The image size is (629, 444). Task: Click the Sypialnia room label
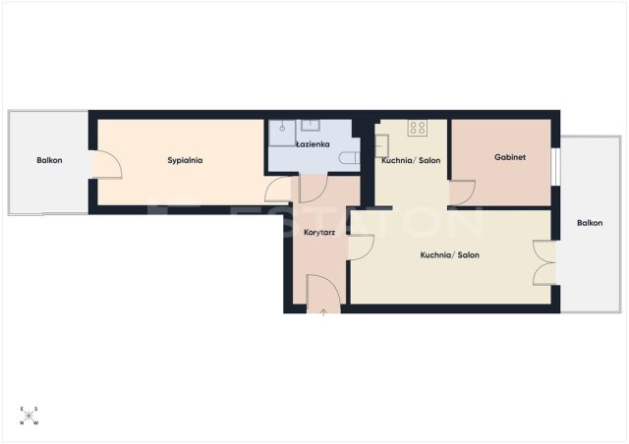(x=185, y=160)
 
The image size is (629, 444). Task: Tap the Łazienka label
(x=313, y=144)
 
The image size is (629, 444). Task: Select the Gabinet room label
(x=510, y=157)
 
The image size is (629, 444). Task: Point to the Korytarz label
(x=319, y=232)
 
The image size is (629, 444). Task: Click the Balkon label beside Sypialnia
(x=49, y=160)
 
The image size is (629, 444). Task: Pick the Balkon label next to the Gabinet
(x=590, y=223)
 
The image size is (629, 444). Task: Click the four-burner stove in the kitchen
(x=418, y=128)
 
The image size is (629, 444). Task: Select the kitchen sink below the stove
(x=381, y=146)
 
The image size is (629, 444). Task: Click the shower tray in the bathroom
(x=282, y=133)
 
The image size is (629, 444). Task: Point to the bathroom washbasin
(x=311, y=126)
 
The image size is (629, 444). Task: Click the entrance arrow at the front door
(x=323, y=313)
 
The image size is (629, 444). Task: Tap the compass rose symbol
(x=29, y=416)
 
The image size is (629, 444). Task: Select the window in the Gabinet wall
(x=555, y=167)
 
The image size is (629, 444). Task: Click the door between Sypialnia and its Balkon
(x=107, y=164)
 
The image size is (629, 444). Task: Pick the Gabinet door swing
(x=462, y=194)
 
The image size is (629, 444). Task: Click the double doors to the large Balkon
(x=544, y=262)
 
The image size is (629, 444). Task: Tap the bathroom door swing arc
(x=314, y=189)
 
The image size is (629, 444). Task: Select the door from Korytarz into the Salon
(x=361, y=248)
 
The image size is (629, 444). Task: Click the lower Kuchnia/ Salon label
(x=450, y=255)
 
